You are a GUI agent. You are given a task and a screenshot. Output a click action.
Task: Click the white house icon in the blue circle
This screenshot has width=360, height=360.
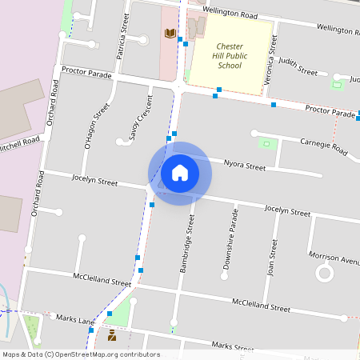179,172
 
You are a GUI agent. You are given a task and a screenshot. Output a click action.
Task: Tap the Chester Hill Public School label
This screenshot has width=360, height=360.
230,56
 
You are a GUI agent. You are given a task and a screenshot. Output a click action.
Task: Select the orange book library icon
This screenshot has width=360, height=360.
169,34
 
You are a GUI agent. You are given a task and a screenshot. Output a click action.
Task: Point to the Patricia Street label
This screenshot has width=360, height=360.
123,36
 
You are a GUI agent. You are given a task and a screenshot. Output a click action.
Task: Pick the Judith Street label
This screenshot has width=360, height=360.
298,65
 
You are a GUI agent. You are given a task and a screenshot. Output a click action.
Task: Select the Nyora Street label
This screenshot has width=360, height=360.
244,166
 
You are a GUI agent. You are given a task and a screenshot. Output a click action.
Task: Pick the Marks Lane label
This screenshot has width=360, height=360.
74,318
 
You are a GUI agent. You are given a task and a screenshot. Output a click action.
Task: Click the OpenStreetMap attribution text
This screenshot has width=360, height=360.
81,354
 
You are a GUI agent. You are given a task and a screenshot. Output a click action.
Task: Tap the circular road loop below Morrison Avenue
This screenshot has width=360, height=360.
325,274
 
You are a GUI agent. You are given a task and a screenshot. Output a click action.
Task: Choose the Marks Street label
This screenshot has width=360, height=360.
233,346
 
